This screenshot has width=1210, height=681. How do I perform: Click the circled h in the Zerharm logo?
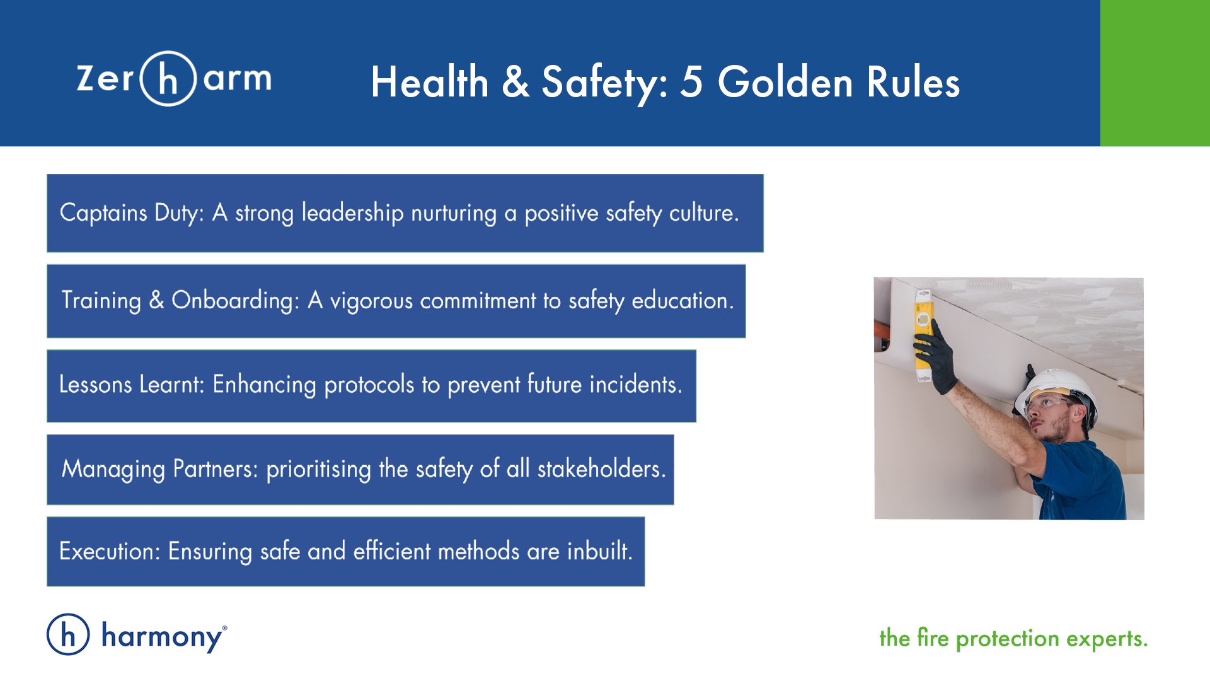(x=168, y=79)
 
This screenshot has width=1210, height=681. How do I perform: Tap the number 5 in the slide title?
(x=691, y=82)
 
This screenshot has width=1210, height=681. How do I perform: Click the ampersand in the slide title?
(x=516, y=82)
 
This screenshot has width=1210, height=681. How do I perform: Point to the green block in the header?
(x=1155, y=73)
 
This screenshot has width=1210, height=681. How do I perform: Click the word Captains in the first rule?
(x=103, y=213)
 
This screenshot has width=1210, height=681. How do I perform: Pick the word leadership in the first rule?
(x=352, y=213)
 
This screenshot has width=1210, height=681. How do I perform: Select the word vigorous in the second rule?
(x=371, y=301)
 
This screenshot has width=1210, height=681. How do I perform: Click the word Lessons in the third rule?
(x=95, y=384)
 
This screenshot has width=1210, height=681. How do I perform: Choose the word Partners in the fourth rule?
(x=216, y=469)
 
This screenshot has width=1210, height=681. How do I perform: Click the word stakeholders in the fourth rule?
(x=601, y=469)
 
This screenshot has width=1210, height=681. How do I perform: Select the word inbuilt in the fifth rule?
(x=599, y=550)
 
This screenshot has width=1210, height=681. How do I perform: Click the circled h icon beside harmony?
(x=68, y=634)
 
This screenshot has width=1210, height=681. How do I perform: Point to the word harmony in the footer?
(x=162, y=637)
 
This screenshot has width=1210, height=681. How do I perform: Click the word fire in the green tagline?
(x=933, y=637)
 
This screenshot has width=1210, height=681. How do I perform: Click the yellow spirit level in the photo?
(x=923, y=335)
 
